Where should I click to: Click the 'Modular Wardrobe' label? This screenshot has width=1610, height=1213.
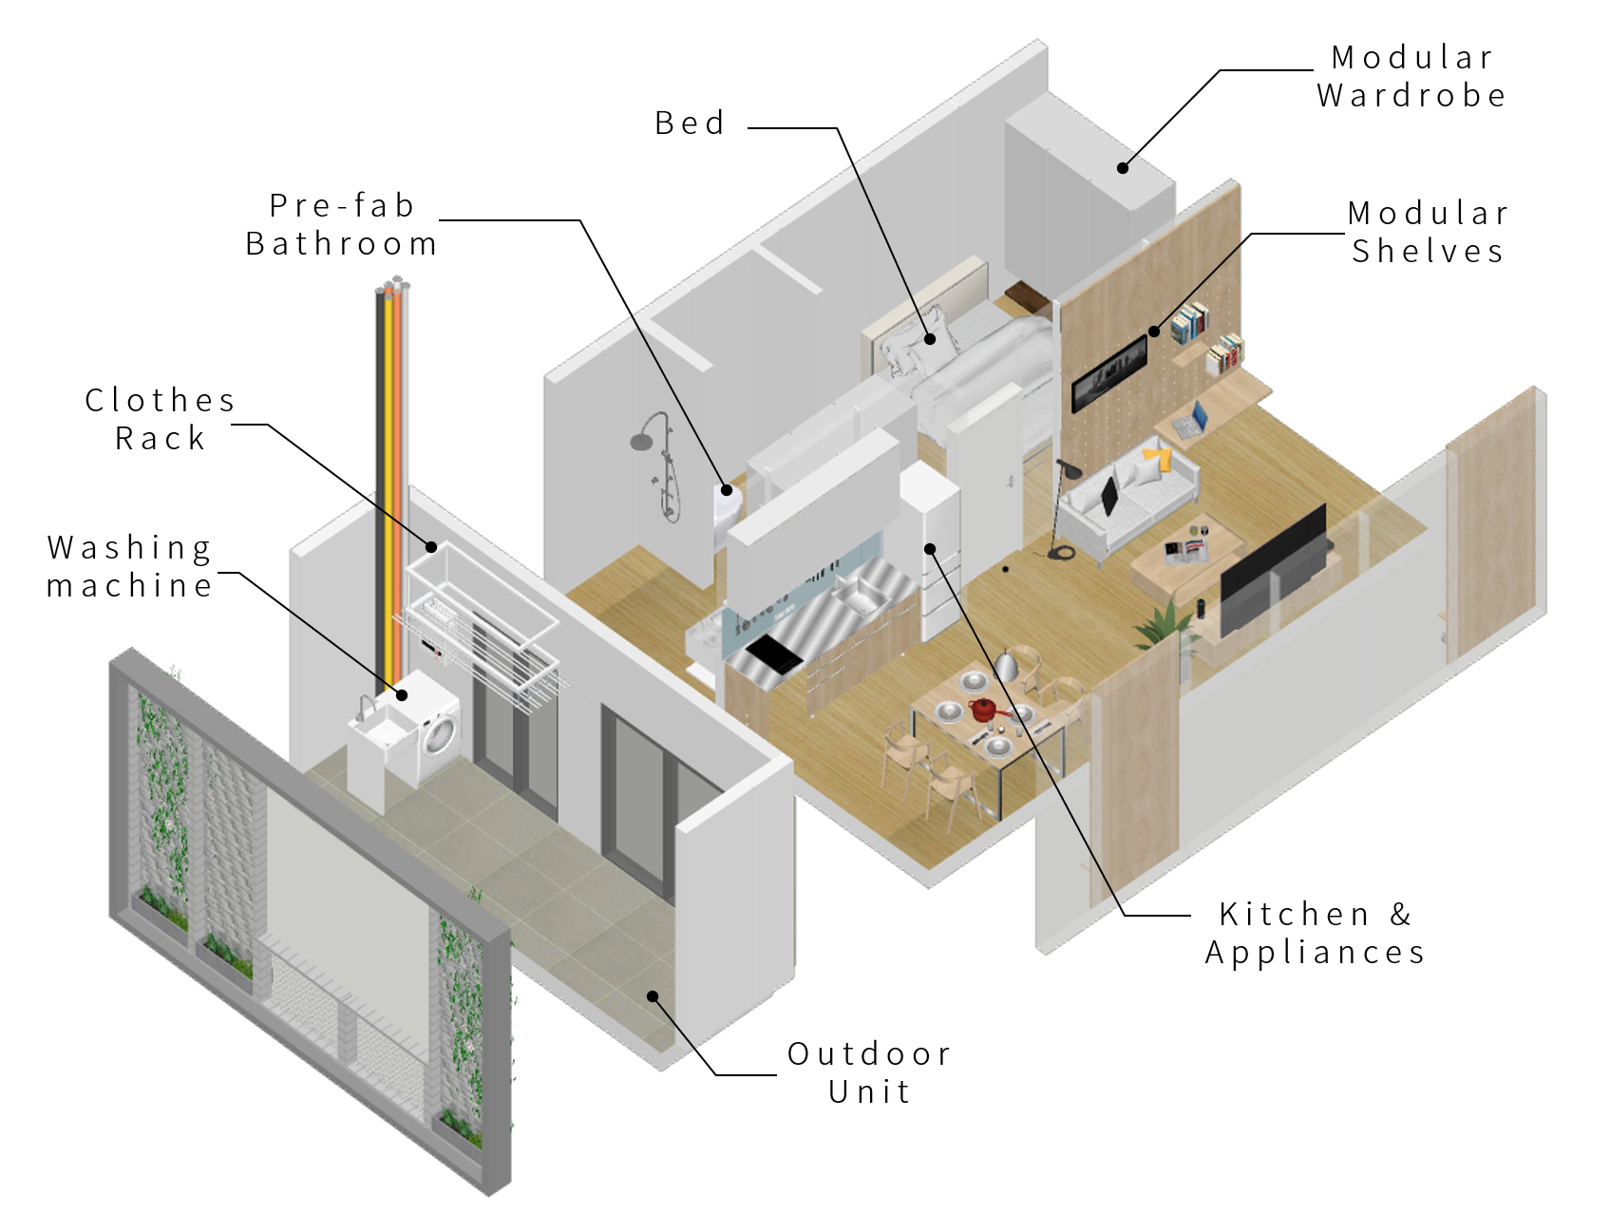pyautogui.click(x=1411, y=76)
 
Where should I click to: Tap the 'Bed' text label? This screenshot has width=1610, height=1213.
pyautogui.click(x=690, y=123)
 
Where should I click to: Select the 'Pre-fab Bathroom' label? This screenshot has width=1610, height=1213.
pyautogui.click(x=341, y=224)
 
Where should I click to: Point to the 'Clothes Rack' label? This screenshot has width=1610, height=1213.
pyautogui.click(x=160, y=419)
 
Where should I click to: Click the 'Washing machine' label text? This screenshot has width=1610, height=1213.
pyautogui.click(x=129, y=566)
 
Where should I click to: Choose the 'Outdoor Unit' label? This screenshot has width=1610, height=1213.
pyautogui.click(x=869, y=1072)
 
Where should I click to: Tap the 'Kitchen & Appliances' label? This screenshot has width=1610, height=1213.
pyautogui.click(x=1316, y=933)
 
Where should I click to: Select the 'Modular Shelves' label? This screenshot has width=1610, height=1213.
pyautogui.click(x=1428, y=232)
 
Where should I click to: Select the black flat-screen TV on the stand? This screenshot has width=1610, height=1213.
pyautogui.click(x=1273, y=571)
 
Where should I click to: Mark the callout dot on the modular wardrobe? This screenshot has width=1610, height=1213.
pyautogui.click(x=1123, y=168)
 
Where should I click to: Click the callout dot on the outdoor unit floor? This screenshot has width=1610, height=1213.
pyautogui.click(x=653, y=995)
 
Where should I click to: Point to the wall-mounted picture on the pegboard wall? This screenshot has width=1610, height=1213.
pyautogui.click(x=1108, y=373)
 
